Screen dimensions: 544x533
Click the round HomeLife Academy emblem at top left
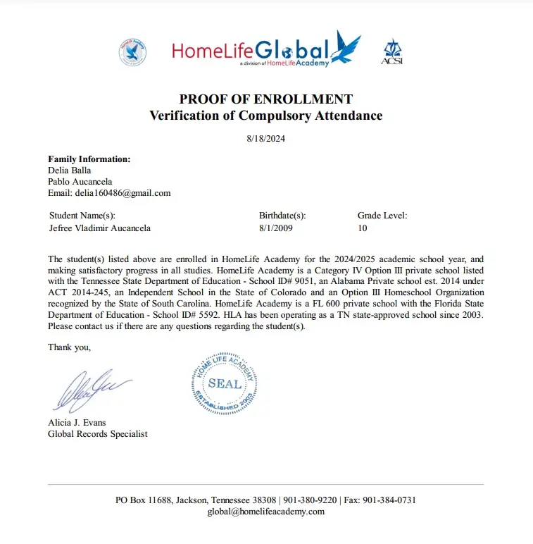pyautogui.click(x=132, y=51)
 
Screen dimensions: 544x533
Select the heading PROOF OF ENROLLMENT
pyautogui.click(x=265, y=99)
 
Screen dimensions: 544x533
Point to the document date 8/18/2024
pyautogui.click(x=265, y=139)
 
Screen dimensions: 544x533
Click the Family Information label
pyautogui.click(x=89, y=159)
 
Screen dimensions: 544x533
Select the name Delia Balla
pyautogui.click(x=69, y=171)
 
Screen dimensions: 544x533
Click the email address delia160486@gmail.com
pyautogui.click(x=109, y=193)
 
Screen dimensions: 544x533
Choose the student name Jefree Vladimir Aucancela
pyautogui.click(x=100, y=228)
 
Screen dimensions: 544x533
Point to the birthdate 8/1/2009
pyautogui.click(x=277, y=228)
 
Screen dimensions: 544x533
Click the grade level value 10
pyautogui.click(x=363, y=228)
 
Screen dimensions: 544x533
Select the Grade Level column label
pyautogui.click(x=382, y=216)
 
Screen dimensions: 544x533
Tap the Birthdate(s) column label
pyautogui.click(x=282, y=216)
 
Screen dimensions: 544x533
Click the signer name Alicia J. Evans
pyautogui.click(x=77, y=423)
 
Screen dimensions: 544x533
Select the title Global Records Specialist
pyautogui.click(x=97, y=434)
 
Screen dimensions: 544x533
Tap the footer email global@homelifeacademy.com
pyautogui.click(x=265, y=512)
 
